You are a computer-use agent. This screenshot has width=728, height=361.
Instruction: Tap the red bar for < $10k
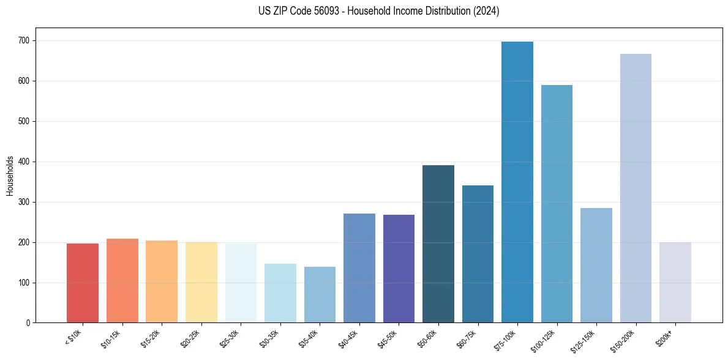point(82,283)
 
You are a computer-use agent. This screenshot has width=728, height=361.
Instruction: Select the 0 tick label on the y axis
point(28,322)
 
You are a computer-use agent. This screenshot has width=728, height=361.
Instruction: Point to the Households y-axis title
point(10,176)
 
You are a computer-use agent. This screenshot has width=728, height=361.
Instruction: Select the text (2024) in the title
point(486,11)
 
